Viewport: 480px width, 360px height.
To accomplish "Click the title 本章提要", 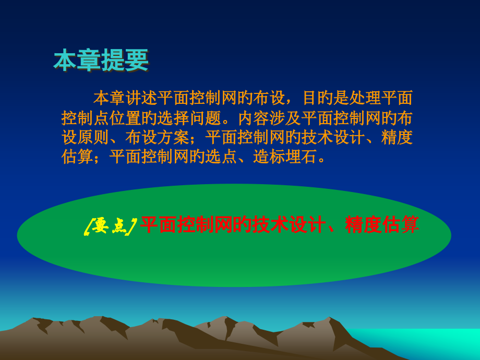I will pyautogui.click(x=101, y=61).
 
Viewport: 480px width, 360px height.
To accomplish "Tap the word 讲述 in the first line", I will pyautogui.click(x=141, y=98).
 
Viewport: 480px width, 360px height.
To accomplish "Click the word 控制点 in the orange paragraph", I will pyautogui.click(x=85, y=117).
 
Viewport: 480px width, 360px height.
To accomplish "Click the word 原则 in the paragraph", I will pyautogui.click(x=93, y=137).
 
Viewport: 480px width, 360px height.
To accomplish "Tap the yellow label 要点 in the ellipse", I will pyautogui.click(x=110, y=226).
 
